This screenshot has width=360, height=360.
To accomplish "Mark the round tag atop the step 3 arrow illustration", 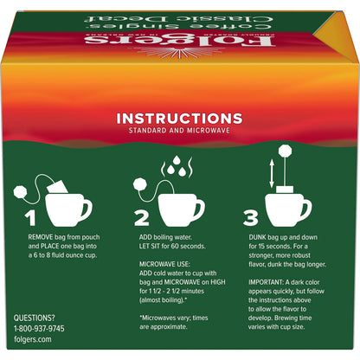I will [x=286, y=160].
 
